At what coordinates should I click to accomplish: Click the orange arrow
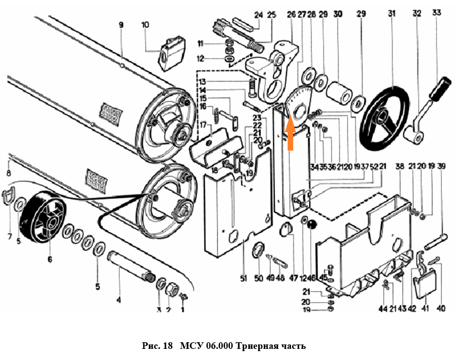click(290, 132)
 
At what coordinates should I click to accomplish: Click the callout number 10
click(145, 25)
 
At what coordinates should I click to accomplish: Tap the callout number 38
click(399, 166)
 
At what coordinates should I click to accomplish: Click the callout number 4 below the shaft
click(118, 300)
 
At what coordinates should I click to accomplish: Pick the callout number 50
click(257, 278)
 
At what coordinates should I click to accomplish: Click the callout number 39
click(441, 166)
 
